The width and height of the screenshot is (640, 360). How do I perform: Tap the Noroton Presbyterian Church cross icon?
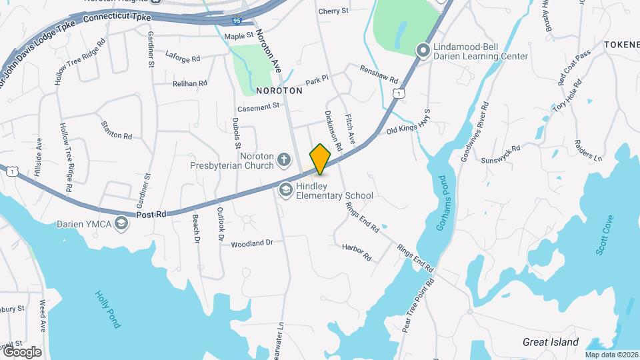pos(284,159)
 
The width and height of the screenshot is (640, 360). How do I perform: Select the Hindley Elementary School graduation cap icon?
pos(286,190)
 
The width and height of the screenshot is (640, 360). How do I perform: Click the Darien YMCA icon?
pos(121,223)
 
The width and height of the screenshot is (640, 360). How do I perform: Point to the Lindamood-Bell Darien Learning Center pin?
pos(422,50)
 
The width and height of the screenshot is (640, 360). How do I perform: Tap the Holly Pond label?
pos(107,309)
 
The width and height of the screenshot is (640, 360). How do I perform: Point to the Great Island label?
pos(551,342)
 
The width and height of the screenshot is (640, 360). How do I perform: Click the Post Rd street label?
pos(151,215)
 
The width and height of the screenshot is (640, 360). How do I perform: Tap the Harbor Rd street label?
pos(357,252)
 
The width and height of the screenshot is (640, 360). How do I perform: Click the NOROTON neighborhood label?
pos(275,90)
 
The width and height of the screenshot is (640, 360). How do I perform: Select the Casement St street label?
pos(258,107)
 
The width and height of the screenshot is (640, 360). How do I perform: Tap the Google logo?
pos(21,352)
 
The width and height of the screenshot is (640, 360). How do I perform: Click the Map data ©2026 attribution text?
pos(611,355)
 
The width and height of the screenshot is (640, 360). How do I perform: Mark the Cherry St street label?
pos(333,11)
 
